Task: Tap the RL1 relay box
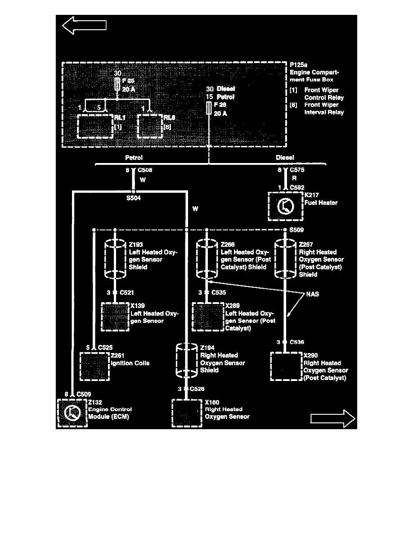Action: [x=95, y=126]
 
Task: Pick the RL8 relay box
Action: [x=149, y=126]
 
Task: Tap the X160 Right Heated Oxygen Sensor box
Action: [x=187, y=413]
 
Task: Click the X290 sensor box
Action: [x=285, y=367]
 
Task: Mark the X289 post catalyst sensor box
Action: [x=208, y=317]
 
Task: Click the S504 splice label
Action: [x=134, y=198]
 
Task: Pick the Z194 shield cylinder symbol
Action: [x=186, y=360]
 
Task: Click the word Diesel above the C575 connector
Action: [x=285, y=158]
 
